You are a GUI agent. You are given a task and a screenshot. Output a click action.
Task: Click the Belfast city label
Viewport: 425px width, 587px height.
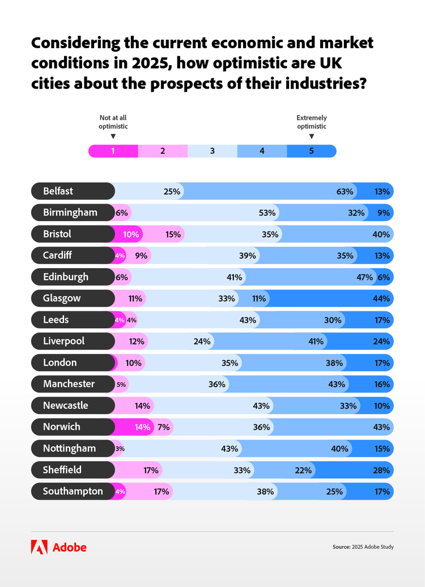pyautogui.click(x=58, y=191)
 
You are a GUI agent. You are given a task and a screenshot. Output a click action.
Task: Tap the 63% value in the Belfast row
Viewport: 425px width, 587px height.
pyautogui.click(x=345, y=192)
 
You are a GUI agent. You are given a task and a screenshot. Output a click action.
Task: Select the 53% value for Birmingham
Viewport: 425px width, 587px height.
pyautogui.click(x=267, y=213)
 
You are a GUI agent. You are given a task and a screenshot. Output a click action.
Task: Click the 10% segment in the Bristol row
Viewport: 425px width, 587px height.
pyautogui.click(x=131, y=234)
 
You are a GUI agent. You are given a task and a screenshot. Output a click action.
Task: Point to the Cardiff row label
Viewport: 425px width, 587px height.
pyautogui.click(x=57, y=255)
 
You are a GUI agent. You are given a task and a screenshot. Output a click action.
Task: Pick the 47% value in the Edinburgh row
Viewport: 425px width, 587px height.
pyautogui.click(x=365, y=277)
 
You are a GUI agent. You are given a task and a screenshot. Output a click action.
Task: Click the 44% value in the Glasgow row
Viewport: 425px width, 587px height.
pyautogui.click(x=382, y=298)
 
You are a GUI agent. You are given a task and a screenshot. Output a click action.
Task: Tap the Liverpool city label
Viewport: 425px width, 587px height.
pyautogui.click(x=64, y=341)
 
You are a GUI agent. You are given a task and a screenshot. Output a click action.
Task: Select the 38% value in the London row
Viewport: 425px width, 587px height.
pyautogui.click(x=334, y=363)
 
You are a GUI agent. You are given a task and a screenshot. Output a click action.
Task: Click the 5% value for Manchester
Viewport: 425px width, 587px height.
pyautogui.click(x=121, y=385)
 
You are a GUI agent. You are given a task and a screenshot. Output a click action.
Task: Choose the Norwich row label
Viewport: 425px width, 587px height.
pyautogui.click(x=62, y=426)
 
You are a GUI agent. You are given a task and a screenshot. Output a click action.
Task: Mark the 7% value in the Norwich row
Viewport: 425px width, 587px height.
pyautogui.click(x=164, y=427)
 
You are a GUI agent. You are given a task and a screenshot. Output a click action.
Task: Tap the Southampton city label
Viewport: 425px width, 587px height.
pyautogui.click(x=73, y=491)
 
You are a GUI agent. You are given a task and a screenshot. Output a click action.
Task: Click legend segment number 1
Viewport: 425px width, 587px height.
pyautogui.click(x=113, y=151)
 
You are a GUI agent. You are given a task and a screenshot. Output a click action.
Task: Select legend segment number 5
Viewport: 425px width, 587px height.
pyautogui.click(x=311, y=151)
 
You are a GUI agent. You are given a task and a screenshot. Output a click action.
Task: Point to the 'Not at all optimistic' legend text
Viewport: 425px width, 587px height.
pyautogui.click(x=113, y=122)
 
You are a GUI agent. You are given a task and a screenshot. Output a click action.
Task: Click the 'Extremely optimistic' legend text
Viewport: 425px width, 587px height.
pyautogui.click(x=312, y=122)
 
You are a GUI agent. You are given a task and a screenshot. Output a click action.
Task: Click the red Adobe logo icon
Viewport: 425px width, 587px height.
pyautogui.click(x=39, y=547)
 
